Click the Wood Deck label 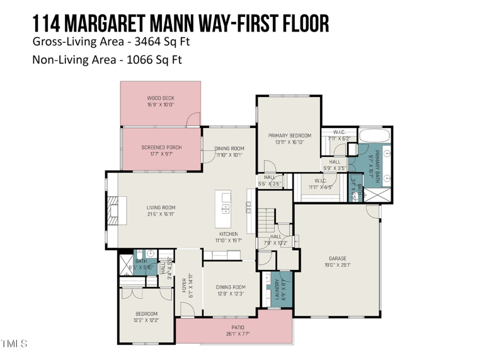pos(161,98)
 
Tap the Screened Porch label pos(161,148)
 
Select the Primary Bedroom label pos(290,136)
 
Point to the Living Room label pos(161,207)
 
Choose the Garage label pos(337,258)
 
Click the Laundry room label pos(277,289)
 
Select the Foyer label pos(185,285)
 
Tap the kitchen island pos(222,209)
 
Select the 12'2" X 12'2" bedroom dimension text pos(147,320)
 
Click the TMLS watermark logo pos(14,344)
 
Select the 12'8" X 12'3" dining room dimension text pos(230,293)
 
